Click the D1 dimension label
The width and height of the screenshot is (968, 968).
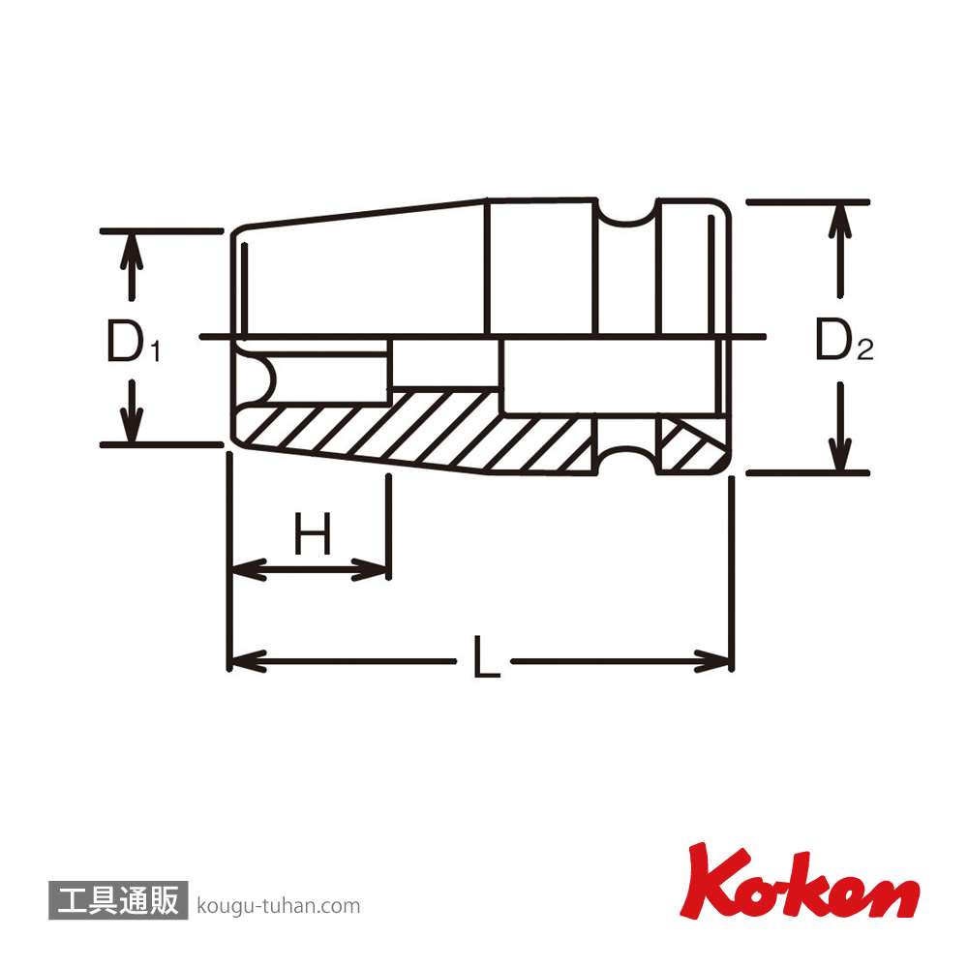[133, 341]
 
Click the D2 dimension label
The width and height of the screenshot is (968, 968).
[844, 340]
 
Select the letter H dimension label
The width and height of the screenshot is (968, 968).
[313, 533]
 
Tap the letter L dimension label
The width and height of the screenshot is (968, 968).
[486, 657]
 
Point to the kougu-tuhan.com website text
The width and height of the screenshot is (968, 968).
[279, 906]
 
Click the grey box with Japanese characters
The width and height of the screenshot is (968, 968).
[118, 900]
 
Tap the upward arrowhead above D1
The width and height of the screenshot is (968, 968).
[131, 252]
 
